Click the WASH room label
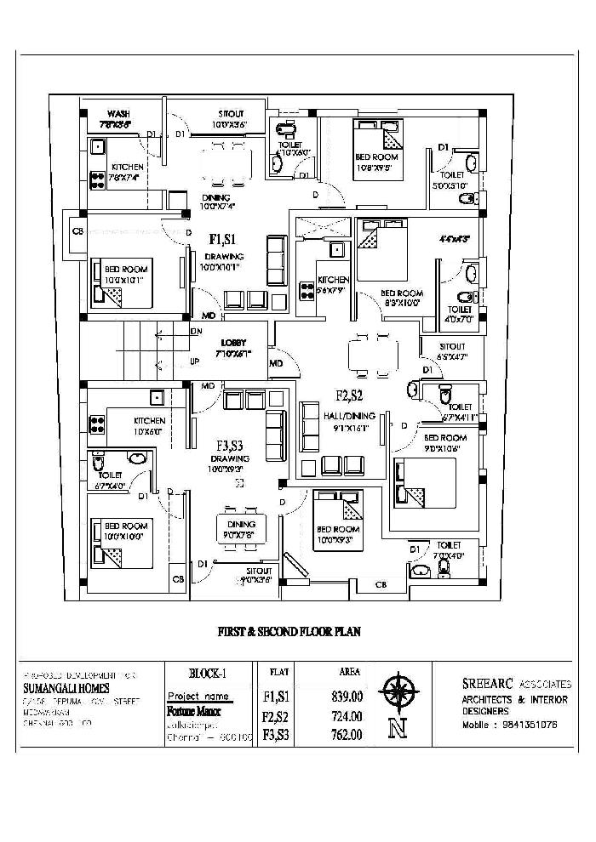117,114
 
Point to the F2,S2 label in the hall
349,395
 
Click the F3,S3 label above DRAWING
231,445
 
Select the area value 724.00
347,716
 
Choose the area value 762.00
347,735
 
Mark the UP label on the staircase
196,361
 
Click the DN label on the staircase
197,331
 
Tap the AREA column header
349,671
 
